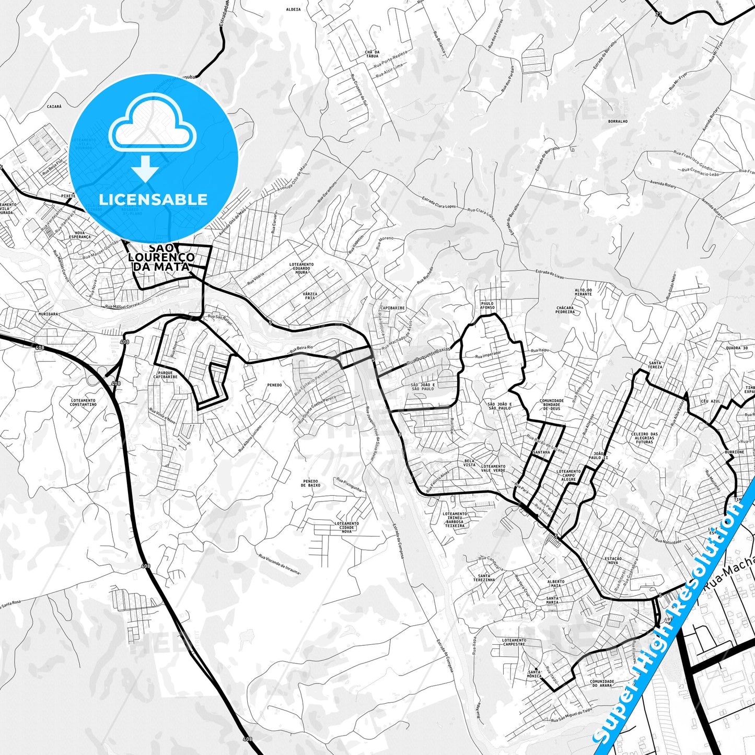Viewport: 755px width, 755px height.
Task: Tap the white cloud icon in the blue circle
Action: (x=152, y=125)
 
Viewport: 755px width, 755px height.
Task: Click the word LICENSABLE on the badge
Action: (x=153, y=199)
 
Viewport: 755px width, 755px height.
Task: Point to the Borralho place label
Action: (x=618, y=121)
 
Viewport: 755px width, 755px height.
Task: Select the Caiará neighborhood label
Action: (x=54, y=106)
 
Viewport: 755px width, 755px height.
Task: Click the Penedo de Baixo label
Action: (x=311, y=483)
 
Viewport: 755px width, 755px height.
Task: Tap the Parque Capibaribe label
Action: (x=165, y=374)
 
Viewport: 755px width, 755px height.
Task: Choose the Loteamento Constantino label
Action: (x=83, y=402)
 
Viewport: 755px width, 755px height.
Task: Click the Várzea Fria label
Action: (x=310, y=296)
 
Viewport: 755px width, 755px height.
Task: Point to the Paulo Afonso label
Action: (x=487, y=305)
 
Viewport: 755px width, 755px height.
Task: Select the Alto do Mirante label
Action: (x=583, y=292)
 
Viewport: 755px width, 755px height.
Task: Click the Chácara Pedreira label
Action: (x=565, y=310)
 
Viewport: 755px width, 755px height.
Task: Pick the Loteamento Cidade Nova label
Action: (x=346, y=527)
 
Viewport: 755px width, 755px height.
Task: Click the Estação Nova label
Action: (x=613, y=561)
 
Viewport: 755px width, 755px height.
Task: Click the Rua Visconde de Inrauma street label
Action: (x=279, y=564)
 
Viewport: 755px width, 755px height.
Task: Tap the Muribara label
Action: (x=48, y=315)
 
